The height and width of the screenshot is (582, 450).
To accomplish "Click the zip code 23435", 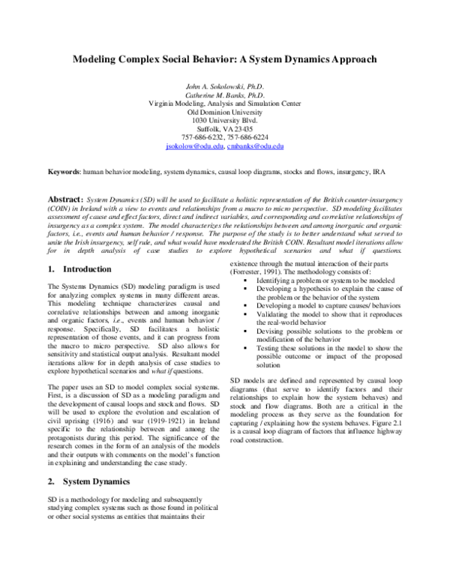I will tap(242, 128).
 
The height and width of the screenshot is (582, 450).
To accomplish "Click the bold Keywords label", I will tap(63, 171).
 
